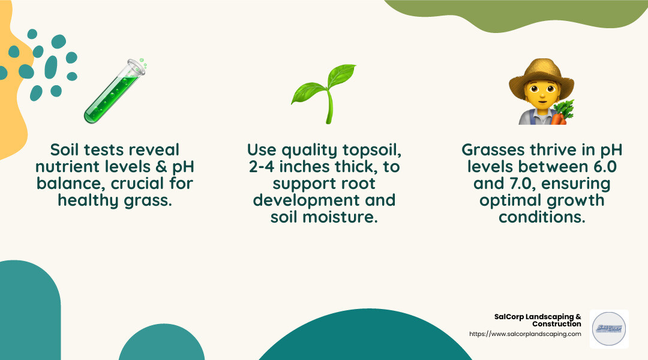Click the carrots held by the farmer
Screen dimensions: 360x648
pos(563,113)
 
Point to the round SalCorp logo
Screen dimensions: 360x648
pos(609,329)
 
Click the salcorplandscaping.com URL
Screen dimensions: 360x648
pos(524,334)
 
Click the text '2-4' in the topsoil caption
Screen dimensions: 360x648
pos(265,166)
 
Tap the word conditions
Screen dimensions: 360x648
pos(542,217)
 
